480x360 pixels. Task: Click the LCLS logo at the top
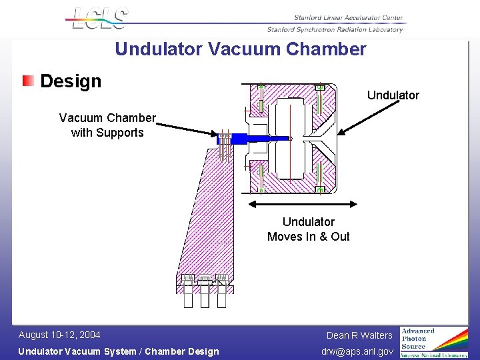[99, 18]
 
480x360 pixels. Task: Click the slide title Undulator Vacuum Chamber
[240, 49]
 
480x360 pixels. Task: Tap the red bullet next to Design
[28, 81]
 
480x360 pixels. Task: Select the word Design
[71, 81]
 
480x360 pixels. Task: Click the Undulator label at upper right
[393, 95]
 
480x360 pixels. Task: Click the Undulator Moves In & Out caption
[308, 229]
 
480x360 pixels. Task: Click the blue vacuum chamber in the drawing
[253, 139]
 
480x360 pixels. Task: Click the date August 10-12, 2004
[59, 335]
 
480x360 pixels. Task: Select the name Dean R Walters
[359, 335]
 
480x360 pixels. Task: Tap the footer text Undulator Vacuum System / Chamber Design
[118, 351]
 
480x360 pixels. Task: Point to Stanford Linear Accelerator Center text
[348, 18]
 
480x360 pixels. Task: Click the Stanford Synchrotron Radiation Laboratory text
[335, 29]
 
